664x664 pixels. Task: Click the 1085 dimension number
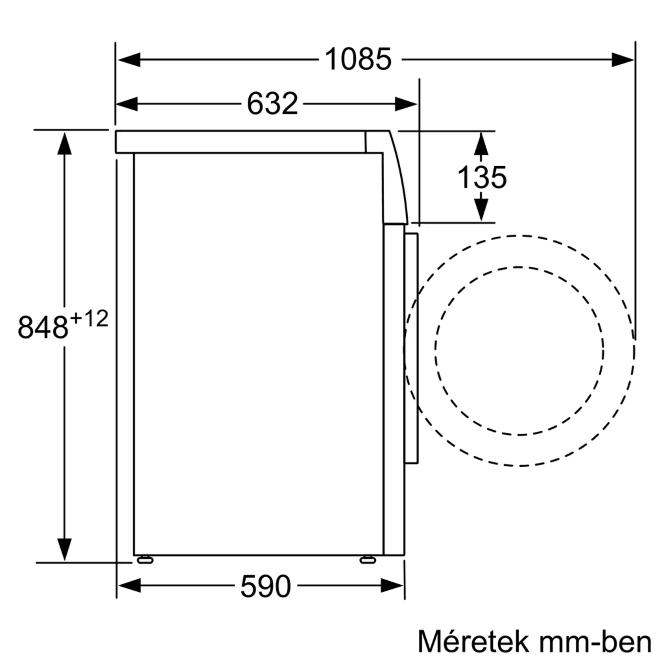(358, 59)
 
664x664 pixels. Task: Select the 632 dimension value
(272, 104)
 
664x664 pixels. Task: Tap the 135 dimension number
(482, 177)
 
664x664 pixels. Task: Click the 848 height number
(43, 328)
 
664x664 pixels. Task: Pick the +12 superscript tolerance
(89, 318)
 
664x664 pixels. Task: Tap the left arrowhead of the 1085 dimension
(129, 60)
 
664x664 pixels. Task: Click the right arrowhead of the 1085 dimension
(623, 60)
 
